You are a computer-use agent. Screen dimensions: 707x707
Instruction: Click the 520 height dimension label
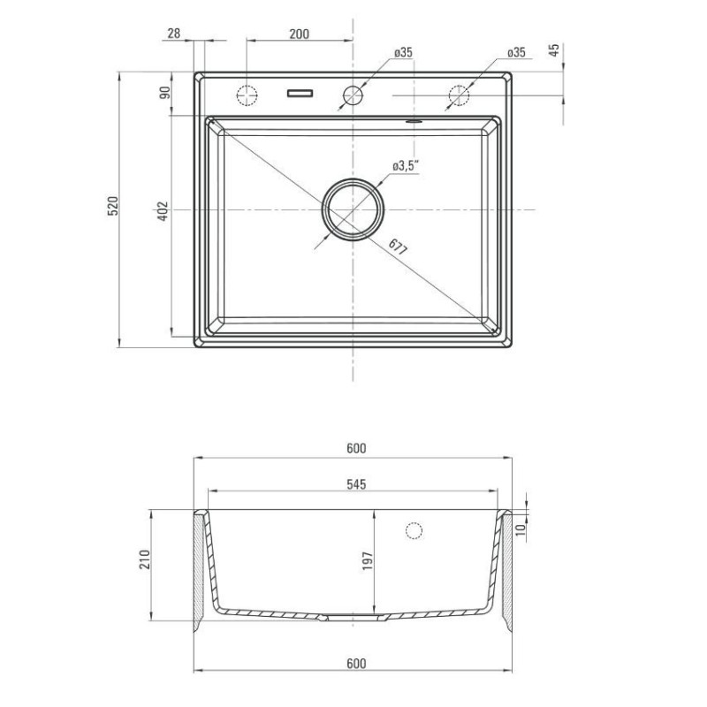point(113,206)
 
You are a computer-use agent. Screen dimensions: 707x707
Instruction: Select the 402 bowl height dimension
point(163,210)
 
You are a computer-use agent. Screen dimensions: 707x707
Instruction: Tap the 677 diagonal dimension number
point(398,247)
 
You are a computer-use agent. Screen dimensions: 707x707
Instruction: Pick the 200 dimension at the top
point(300,34)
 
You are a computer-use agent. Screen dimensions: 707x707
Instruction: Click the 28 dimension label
point(173,34)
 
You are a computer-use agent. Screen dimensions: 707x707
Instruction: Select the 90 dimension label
point(165,93)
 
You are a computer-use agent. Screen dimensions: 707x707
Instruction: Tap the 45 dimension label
point(554,49)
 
